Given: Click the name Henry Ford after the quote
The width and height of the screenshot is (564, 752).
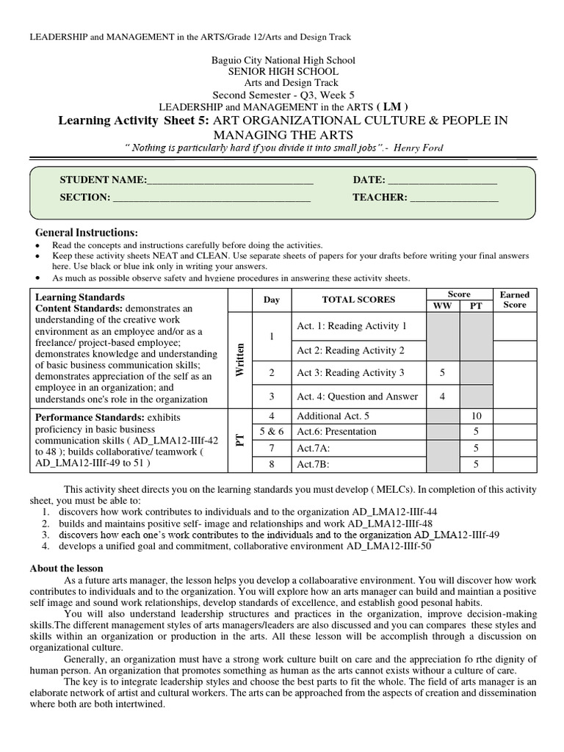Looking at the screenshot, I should (418, 148).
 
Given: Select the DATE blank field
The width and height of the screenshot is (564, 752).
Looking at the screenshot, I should (442, 181).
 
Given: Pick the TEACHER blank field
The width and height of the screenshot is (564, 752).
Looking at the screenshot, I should (454, 198).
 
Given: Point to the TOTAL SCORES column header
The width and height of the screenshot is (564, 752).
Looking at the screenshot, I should (358, 300).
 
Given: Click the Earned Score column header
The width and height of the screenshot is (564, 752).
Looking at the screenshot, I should (515, 300).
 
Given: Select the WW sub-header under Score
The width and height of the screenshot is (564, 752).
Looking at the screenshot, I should (442, 305).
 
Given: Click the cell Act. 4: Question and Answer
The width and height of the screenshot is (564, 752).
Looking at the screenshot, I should (357, 397).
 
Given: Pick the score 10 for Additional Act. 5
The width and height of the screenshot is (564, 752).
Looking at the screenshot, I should (476, 416).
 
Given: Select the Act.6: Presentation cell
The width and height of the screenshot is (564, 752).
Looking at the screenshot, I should (336, 431).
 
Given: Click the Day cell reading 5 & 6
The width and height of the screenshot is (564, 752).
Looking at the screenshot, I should (272, 431).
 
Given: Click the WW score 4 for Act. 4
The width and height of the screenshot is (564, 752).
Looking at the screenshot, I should (442, 397).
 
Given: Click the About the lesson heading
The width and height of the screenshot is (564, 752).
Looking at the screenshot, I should (67, 568).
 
